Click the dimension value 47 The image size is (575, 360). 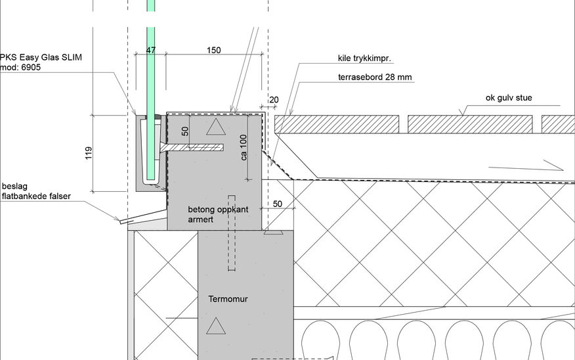pos(151,50)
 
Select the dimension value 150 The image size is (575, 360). pos(214,50)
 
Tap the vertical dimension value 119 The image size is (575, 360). pos(89,153)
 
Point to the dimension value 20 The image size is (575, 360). pos(274,99)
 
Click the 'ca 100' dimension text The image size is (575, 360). pos(244,148)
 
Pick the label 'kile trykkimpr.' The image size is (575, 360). pos(364,58)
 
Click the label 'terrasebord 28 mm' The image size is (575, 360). pos(375,77)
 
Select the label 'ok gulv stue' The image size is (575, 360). pos(509,98)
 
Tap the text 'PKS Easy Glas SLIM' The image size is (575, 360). pos(41,57)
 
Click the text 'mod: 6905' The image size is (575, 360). pos(20,67)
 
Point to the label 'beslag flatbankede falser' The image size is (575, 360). pos(36,191)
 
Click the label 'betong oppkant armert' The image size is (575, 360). pos(218,214)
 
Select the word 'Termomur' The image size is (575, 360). pos(228,299)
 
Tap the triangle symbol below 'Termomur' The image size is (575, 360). pos(215,326)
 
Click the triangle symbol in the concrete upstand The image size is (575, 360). pos(215,127)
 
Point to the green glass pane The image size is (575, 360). pos(151,92)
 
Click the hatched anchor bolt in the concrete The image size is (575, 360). pos(192,147)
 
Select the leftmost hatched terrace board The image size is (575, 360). pos(337,124)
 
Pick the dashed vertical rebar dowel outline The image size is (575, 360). pos(232,233)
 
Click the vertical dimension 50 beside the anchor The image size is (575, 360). pos(185,131)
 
